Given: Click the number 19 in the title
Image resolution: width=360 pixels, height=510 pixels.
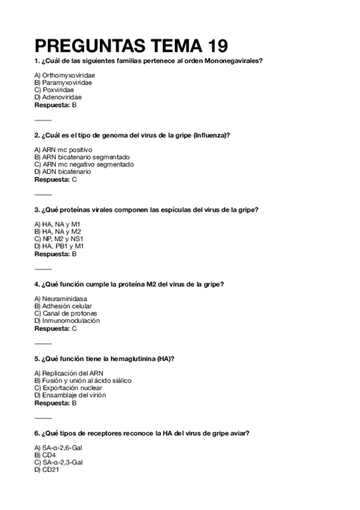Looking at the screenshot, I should click(211, 46).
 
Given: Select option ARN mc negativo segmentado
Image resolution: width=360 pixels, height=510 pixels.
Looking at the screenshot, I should click(84, 164).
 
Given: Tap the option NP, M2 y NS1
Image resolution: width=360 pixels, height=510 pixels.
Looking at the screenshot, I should click(62, 239).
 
